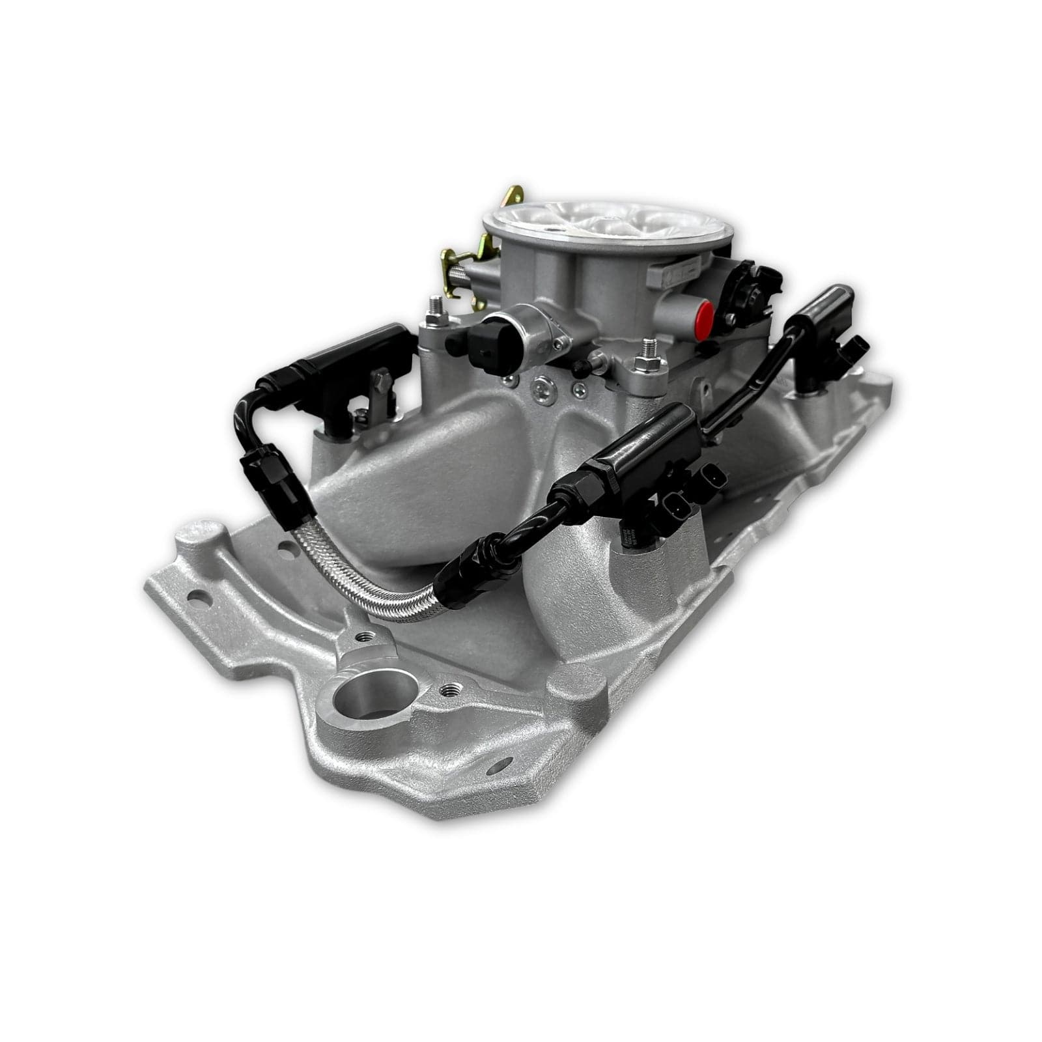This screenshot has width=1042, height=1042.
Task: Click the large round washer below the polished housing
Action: pyautogui.click(x=542, y=389)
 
